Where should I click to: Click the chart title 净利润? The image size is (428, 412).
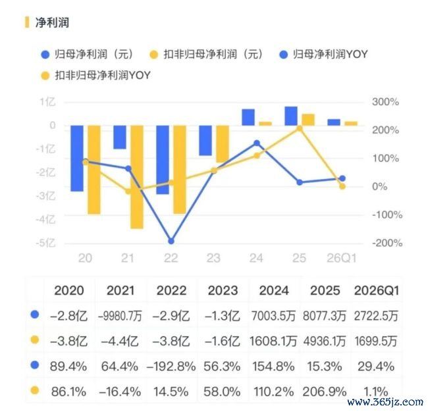point(52,22)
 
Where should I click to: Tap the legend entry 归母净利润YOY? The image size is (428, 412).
point(324,54)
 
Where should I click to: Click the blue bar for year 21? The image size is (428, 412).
point(120,138)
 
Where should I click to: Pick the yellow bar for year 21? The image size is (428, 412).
point(137,177)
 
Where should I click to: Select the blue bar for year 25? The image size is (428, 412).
point(291,116)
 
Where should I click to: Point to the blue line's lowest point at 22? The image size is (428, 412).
point(171,241)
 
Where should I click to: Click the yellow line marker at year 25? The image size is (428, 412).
point(300,128)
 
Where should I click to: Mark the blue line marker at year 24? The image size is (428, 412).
point(257,143)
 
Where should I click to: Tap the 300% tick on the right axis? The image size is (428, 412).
point(385,102)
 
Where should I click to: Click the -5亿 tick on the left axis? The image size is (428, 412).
point(46,243)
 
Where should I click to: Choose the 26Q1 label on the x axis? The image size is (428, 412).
point(342,258)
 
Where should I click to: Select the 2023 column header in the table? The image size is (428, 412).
point(223,291)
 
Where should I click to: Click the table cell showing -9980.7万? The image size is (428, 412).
point(120,316)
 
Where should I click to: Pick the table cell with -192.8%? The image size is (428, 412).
point(171,367)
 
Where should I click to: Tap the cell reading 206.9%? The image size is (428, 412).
point(325,392)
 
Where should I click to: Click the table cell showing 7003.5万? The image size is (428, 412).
point(273,316)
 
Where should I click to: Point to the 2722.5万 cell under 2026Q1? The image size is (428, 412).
point(376,316)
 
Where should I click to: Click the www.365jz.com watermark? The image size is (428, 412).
point(385,402)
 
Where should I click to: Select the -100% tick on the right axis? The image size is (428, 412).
point(387,215)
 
